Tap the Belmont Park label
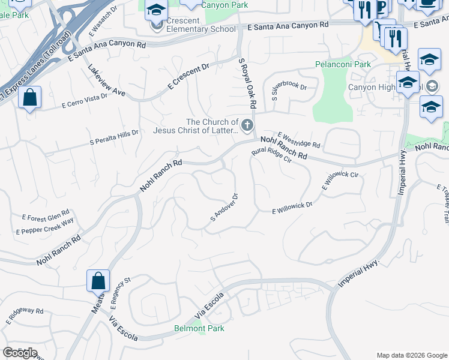(199, 328)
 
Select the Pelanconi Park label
(343, 64)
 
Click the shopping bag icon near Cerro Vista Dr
(29, 98)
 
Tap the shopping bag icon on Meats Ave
(98, 281)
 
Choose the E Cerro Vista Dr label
(88, 101)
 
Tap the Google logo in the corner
(20, 353)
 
